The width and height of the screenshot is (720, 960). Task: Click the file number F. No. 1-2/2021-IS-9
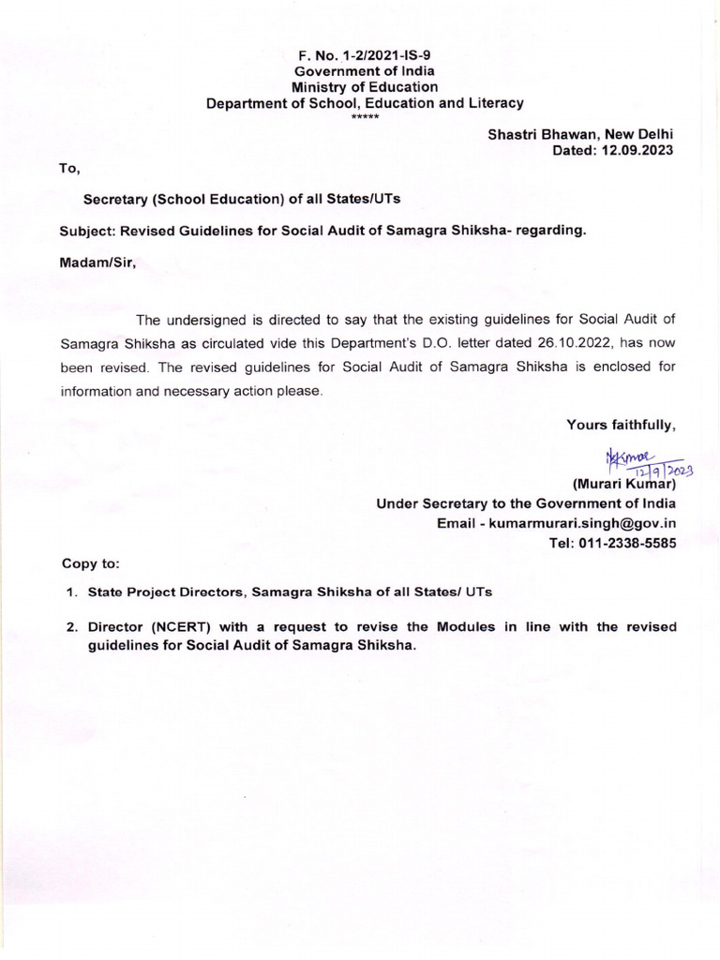[365, 54]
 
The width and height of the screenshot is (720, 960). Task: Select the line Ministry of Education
[365, 87]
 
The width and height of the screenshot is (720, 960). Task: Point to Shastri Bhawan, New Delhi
[580, 134]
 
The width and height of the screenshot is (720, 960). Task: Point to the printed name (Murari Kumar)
[623, 484]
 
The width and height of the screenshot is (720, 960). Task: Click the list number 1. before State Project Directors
[71, 592]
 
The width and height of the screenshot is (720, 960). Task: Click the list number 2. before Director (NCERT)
[71, 626]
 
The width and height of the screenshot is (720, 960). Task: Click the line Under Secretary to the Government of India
[526, 503]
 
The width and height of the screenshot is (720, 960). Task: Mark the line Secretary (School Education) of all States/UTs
[243, 200]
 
